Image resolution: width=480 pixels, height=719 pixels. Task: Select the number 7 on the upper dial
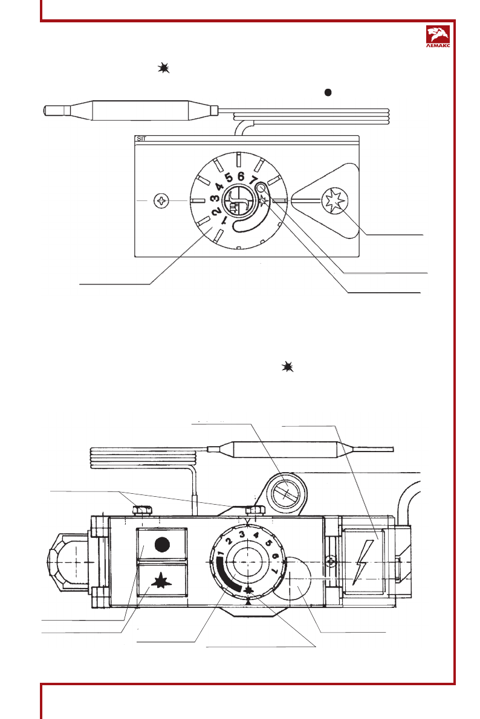click(x=253, y=181)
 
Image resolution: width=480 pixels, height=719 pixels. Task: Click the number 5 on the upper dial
click(x=229, y=177)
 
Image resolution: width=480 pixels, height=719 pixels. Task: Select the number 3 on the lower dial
click(x=241, y=534)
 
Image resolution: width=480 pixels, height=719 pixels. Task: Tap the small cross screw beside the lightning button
click(x=330, y=562)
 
